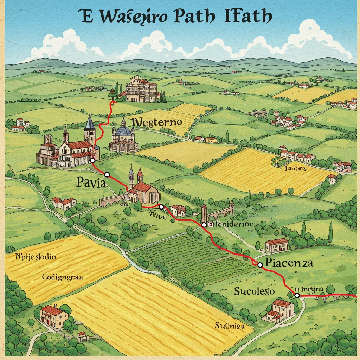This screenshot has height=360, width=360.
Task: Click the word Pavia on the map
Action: [91, 183]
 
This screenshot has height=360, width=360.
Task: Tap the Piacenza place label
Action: [289, 263]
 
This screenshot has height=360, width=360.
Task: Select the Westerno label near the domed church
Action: [157, 122]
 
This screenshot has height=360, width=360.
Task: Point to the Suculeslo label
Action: [255, 291]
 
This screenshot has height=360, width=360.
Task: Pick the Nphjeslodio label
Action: [36, 257]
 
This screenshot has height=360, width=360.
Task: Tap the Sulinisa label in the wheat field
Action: [230, 326]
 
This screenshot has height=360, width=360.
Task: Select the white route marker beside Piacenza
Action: [260, 265]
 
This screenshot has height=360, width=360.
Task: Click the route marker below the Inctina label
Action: [297, 295]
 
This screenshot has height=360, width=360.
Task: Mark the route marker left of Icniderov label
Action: [204, 225]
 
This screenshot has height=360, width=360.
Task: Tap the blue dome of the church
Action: [123, 131]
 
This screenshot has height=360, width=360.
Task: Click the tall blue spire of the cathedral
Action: [90, 123]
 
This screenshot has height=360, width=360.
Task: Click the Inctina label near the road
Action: [312, 289]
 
